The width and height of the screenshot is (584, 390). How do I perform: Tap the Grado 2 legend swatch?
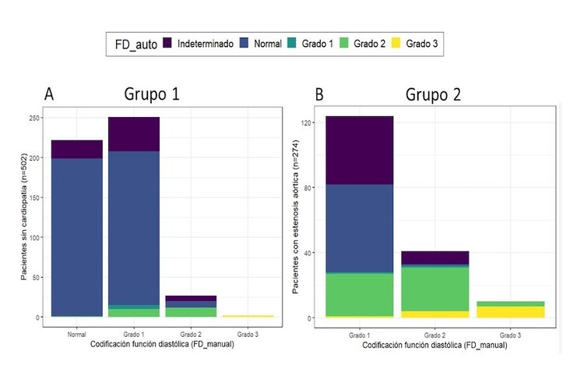click(343, 43)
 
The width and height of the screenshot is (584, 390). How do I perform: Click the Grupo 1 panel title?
click(151, 95)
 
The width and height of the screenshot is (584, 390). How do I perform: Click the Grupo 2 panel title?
click(433, 95)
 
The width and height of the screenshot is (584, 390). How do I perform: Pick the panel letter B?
click(319, 95)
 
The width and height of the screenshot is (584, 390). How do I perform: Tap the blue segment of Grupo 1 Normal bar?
click(76, 234)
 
